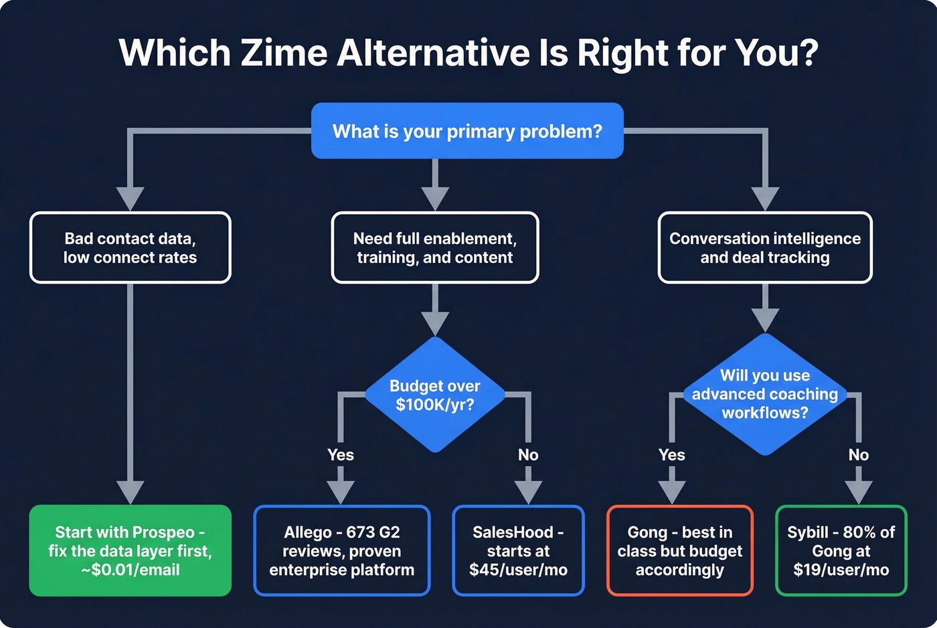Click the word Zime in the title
283,53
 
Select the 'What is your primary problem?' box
467,131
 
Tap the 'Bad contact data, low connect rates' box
130,248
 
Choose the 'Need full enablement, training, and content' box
435,248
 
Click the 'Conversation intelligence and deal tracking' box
765,248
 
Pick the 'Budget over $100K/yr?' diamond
435,395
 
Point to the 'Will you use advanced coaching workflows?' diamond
765,395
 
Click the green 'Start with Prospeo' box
130,550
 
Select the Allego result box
341,550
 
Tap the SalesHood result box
518,550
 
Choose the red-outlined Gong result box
679,550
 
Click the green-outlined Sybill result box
841,550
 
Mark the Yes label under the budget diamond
341,455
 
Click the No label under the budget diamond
528,455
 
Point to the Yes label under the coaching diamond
672,455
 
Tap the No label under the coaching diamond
859,455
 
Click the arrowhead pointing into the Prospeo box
130,492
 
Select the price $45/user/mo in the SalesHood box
518,570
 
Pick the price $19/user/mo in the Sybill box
841,570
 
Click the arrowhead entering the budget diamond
435,323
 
